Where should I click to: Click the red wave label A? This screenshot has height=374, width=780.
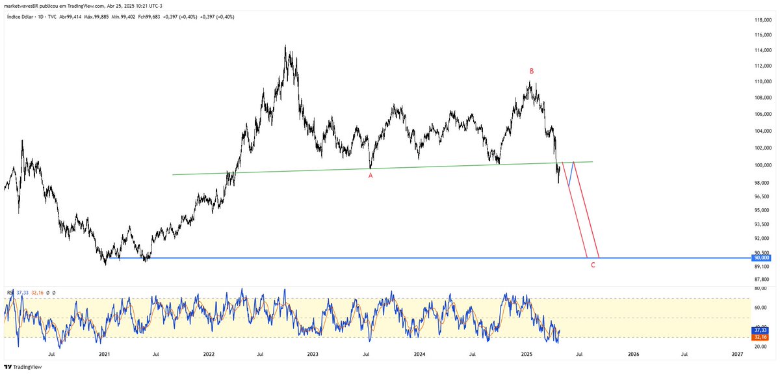(370, 175)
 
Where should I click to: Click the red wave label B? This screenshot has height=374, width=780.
(532, 71)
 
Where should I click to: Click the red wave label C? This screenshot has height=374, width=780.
(592, 265)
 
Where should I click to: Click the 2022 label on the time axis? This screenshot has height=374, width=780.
(209, 354)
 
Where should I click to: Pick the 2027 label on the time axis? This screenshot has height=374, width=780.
(738, 354)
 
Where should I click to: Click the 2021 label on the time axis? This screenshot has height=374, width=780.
(104, 354)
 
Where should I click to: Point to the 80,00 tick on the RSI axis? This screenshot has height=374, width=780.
(760, 288)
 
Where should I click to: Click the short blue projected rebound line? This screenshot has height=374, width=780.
(571, 174)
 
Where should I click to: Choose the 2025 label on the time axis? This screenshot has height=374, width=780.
(526, 354)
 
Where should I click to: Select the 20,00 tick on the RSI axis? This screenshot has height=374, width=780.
(760, 347)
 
